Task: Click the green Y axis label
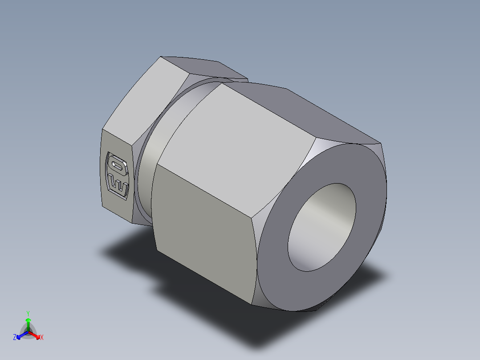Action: click(x=28, y=313)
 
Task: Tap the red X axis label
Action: click(x=41, y=338)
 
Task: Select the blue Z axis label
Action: click(x=15, y=338)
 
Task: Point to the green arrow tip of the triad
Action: click(x=28, y=320)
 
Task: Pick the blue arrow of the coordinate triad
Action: click(x=21, y=335)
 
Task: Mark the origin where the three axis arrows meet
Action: click(x=28, y=332)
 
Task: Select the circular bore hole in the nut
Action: click(x=322, y=227)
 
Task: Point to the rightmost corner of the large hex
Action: click(x=382, y=143)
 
